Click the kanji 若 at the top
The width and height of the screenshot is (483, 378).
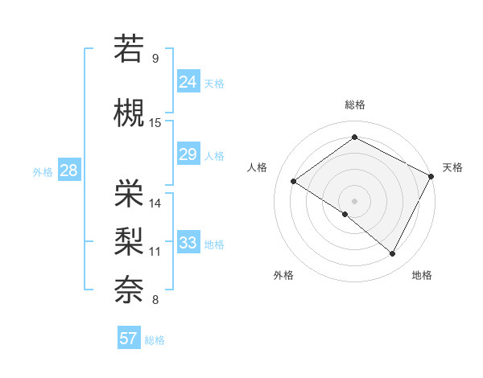point(130,48)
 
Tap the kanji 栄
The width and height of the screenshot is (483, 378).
point(130,192)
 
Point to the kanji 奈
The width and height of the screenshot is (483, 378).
point(130,288)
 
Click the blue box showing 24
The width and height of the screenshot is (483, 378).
point(188,81)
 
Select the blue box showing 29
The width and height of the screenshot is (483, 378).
point(188,154)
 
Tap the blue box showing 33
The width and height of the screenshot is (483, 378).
point(188,243)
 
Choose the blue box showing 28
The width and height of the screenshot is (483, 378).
point(68,171)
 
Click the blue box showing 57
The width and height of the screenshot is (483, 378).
point(128,339)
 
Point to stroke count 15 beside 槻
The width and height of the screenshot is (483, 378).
point(155,123)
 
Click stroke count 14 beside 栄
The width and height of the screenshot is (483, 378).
point(155,203)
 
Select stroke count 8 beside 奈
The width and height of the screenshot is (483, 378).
point(155,300)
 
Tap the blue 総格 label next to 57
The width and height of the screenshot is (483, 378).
point(155,340)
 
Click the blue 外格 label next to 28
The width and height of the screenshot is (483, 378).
point(43,172)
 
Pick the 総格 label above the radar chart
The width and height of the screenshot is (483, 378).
point(354,105)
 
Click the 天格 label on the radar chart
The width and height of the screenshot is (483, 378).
point(452,167)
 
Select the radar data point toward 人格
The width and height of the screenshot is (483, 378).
point(294,182)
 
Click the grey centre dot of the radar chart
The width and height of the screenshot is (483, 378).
point(354,199)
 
